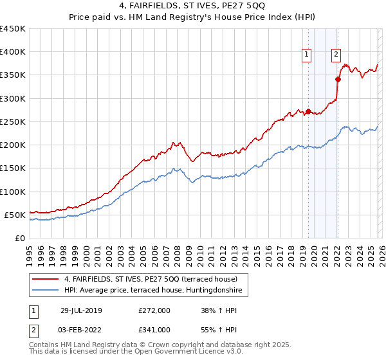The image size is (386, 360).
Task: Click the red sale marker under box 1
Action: pos(308,111)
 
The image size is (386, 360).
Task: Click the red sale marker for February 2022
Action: pos(337,80)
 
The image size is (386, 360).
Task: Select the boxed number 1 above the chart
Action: pos(308,55)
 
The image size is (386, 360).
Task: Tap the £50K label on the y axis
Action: pos(15,215)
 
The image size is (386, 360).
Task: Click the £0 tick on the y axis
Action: pos(19,238)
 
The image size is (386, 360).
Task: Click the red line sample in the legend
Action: pos(46,279)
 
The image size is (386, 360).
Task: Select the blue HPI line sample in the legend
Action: pos(46,290)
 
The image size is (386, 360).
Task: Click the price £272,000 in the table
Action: pos(154,310)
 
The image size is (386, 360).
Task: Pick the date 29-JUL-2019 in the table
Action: pos(81,310)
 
